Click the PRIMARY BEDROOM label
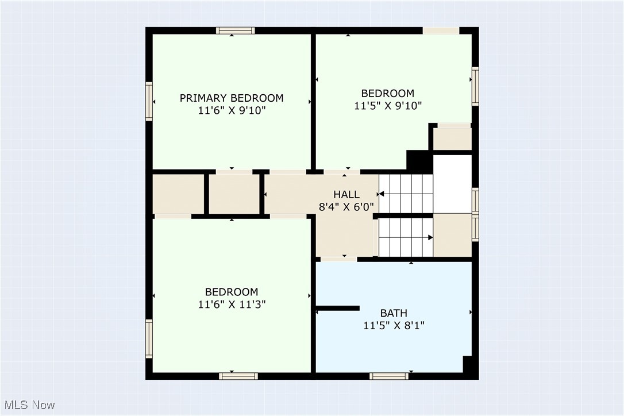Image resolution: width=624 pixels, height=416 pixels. click(x=232, y=98)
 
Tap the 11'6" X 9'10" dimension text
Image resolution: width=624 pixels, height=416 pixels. click(x=232, y=111)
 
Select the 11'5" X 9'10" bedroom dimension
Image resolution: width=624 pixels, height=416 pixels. click(x=388, y=106)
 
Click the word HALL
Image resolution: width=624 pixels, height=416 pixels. click(x=346, y=195)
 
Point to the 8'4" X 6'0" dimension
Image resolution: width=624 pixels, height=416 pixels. click(x=346, y=207)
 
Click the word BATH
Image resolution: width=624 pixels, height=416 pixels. click(x=394, y=313)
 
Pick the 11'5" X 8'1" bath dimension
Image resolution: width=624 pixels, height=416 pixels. click(x=394, y=326)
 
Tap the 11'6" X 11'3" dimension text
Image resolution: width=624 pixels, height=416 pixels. click(x=232, y=305)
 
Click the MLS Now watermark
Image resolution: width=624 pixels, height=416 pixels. click(x=28, y=405)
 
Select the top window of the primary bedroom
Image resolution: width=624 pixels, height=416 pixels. click(x=236, y=31)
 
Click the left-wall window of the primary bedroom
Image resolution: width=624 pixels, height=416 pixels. click(x=149, y=101)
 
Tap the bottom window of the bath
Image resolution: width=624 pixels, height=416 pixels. click(x=389, y=376)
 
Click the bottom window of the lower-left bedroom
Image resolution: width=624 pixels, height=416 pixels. click(x=238, y=376)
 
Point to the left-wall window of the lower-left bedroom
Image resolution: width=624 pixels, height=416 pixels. click(x=149, y=339)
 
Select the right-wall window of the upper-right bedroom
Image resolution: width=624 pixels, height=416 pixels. click(x=475, y=86)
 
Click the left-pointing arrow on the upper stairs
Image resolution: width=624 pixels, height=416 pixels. click(x=382, y=194)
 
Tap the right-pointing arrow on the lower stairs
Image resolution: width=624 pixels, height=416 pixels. click(x=430, y=237)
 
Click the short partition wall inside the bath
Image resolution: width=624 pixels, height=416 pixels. click(x=338, y=309)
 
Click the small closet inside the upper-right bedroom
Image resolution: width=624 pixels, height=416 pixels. click(x=452, y=138)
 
